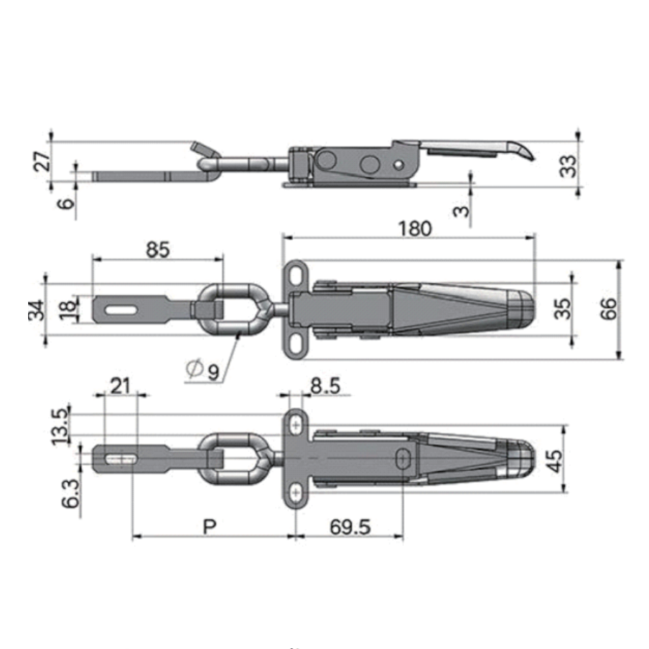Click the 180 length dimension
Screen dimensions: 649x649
[415, 228]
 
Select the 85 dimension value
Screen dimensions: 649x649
[158, 250]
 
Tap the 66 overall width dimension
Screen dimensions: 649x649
[608, 309]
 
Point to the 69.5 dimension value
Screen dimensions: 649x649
[350, 527]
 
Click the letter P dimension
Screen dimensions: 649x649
[210, 526]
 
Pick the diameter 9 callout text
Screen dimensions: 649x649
[202, 370]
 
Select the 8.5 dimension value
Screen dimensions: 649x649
[325, 386]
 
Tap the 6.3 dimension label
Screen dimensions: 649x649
[70, 494]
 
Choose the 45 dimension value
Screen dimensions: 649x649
[555, 461]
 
